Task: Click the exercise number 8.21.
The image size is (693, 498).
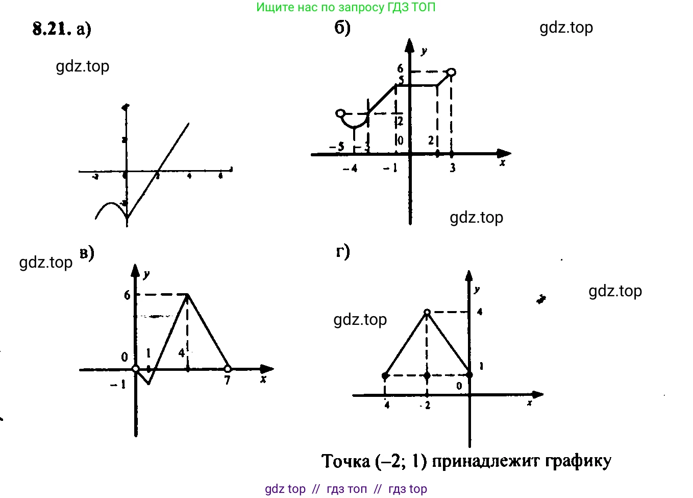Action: tap(52, 29)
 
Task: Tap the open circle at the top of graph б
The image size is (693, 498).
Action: tap(451, 73)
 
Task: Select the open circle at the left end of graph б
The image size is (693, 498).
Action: tap(340, 113)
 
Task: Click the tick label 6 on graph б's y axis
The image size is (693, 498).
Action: tap(400, 68)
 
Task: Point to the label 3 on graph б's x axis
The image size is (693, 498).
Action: tap(452, 168)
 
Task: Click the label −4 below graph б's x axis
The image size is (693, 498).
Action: tap(350, 168)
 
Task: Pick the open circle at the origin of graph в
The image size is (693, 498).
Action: tap(136, 369)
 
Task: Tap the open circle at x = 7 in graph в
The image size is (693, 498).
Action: tap(228, 369)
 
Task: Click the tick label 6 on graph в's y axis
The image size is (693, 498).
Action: tap(127, 295)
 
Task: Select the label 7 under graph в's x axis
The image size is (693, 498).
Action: tap(228, 380)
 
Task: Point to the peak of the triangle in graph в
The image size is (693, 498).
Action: tap(188, 295)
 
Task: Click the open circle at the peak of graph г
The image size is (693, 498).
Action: tap(427, 312)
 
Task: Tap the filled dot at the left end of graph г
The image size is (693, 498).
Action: tap(385, 376)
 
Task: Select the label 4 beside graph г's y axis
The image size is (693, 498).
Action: tap(480, 312)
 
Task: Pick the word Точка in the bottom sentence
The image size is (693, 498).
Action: tap(346, 461)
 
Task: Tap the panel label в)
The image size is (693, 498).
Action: tap(87, 253)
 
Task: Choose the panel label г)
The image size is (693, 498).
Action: tap(342, 251)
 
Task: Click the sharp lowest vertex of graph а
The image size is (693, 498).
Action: tap(127, 219)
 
